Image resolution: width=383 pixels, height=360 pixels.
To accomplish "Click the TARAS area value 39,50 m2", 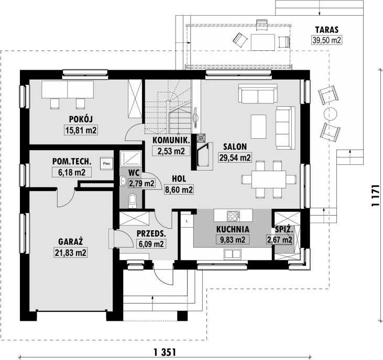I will pyautogui.click(x=326, y=40).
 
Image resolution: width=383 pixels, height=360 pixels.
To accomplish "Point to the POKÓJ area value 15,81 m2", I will pyautogui.click(x=82, y=130).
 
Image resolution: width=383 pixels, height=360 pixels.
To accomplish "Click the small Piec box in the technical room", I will pyautogui.click(x=106, y=163).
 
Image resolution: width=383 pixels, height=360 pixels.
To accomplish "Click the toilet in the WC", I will pyautogui.click(x=132, y=199).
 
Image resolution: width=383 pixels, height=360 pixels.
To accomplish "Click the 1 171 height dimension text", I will pyautogui.click(x=375, y=197).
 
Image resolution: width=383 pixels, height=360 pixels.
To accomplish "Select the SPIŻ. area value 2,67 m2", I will pyautogui.click(x=281, y=240).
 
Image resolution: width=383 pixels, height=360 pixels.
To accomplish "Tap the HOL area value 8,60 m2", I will pyautogui.click(x=179, y=190).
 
